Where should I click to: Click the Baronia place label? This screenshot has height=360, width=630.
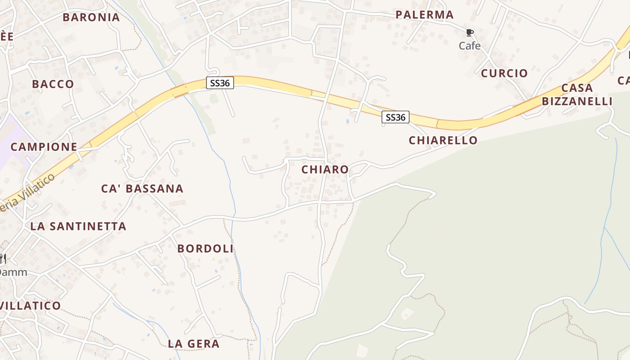pos(91,18)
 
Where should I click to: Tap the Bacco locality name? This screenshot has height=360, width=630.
pos(53,84)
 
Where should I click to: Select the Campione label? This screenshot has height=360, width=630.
pos(44,147)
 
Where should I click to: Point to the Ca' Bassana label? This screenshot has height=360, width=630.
pos(142,189)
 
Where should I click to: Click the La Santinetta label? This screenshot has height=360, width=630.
pos(78,226)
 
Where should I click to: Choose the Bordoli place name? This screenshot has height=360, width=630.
pos(205,248)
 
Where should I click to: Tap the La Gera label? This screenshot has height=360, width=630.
pos(193,344)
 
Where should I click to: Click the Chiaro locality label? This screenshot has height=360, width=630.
pos(325,170)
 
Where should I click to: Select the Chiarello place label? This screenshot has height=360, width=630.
pos(443,140)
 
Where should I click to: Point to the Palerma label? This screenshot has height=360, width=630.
pos(424,15)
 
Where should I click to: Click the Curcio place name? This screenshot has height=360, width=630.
pos(504,73)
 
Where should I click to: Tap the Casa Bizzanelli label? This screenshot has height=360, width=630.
pos(577,94)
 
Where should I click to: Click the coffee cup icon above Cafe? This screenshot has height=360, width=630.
pos(470,33)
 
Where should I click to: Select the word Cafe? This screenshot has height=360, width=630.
pos(470,46)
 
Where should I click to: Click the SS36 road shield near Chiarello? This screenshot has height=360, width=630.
pos(396,117)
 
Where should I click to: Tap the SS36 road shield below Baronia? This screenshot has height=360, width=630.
pos(220,83)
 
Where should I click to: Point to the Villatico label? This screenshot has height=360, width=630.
pos(31,306)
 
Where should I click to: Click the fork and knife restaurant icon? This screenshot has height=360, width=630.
pos(3,259)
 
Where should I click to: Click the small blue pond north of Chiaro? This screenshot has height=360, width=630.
pos(347,121)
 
